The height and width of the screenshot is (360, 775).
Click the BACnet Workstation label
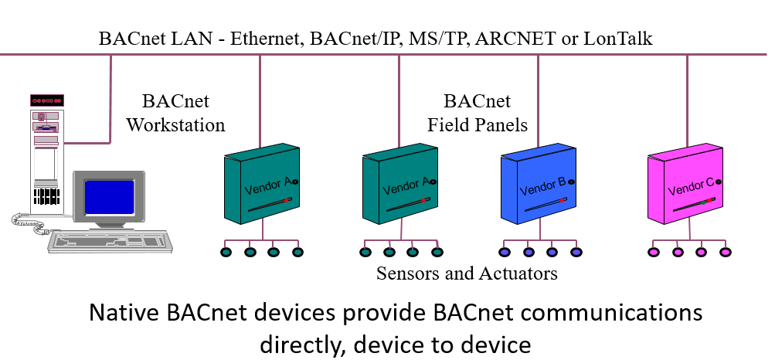[x=175, y=113]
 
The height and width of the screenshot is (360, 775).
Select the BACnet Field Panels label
[x=477, y=113]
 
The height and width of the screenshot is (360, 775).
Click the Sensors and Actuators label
[x=467, y=273]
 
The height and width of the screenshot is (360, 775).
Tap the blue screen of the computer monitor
[x=108, y=196]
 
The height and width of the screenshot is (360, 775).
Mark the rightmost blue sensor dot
[x=576, y=253]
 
